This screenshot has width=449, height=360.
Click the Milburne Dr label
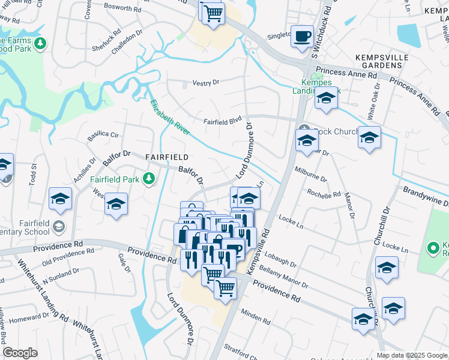[x=310, y=174]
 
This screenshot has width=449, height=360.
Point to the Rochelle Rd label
[x=324, y=193]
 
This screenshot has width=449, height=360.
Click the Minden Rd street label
[x=256, y=317]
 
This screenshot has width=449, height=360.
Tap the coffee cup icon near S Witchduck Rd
[x=302, y=35]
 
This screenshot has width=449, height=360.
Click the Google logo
[x=20, y=353]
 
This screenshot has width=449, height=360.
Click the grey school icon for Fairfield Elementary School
[x=59, y=226]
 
